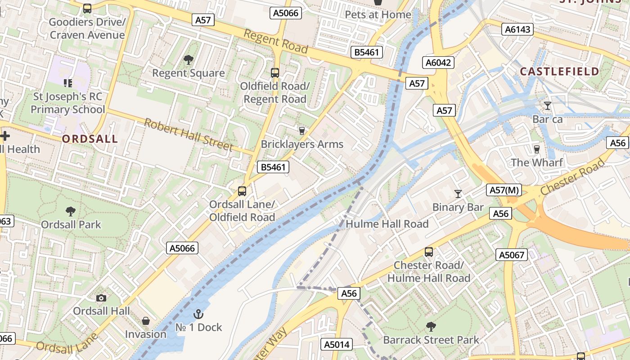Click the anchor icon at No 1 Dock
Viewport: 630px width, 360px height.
coord(198,314)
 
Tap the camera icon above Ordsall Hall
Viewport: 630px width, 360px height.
coord(101,298)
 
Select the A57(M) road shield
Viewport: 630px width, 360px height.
coord(504,190)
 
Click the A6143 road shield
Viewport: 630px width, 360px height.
coord(517,30)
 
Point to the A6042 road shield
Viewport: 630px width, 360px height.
coord(438,63)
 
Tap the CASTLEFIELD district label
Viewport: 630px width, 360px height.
coord(559,71)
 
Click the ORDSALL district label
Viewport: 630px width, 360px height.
coord(90,139)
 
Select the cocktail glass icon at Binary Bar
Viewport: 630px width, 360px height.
coord(458,194)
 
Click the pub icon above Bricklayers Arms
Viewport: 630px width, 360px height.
coord(302,131)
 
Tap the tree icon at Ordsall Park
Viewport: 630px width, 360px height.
coord(71,211)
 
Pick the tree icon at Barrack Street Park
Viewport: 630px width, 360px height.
coord(431,326)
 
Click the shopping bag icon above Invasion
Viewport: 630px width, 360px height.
coord(145,321)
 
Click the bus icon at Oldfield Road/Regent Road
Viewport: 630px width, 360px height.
coord(274,72)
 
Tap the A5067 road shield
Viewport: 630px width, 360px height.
coord(512,255)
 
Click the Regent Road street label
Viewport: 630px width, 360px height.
coord(276,41)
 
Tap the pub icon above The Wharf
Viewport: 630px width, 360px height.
coord(536,149)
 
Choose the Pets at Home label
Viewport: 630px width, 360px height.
coord(378,14)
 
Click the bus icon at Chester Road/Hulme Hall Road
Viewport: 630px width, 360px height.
coord(429,252)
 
